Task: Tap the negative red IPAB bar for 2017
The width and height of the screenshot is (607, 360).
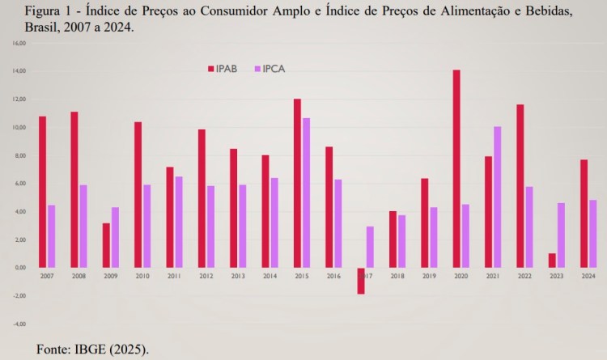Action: point(361,281)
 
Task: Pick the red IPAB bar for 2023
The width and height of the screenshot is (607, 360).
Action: point(552,260)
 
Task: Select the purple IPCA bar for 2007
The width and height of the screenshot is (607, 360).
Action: point(51,236)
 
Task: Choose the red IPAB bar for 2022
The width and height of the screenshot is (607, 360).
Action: point(520,186)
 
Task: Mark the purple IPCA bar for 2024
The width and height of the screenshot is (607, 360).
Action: point(592,234)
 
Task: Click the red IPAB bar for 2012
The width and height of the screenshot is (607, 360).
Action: point(202,198)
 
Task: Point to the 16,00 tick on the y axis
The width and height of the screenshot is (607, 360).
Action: point(19,43)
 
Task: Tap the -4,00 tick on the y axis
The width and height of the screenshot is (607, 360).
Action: point(19,324)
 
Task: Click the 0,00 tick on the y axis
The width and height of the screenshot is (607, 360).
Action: point(19,268)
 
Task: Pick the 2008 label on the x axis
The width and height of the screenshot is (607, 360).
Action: point(78,275)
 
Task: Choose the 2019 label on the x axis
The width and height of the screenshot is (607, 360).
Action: point(428,275)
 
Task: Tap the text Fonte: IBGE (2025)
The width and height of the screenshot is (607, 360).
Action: point(93,349)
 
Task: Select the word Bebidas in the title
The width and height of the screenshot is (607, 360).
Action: point(551,10)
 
